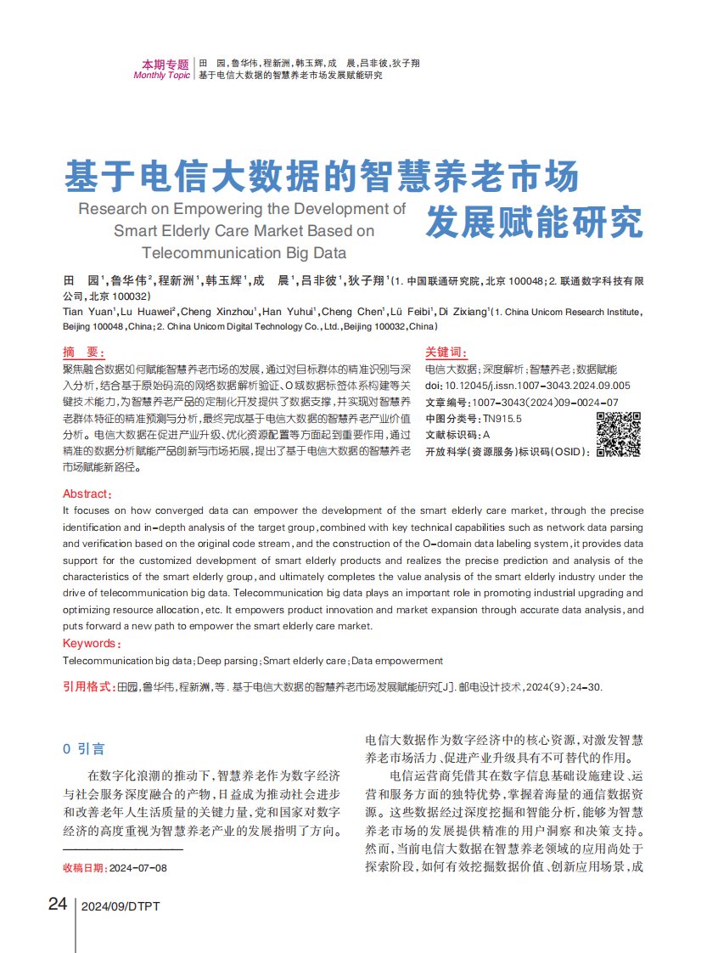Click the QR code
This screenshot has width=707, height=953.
click(619, 433)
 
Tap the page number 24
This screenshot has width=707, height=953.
click(57, 904)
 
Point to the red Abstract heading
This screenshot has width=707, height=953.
click(87, 493)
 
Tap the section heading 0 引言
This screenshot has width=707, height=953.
click(84, 748)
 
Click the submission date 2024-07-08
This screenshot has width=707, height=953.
click(138, 868)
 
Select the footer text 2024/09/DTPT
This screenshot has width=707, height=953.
click(121, 906)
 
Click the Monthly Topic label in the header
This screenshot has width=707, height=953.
click(162, 76)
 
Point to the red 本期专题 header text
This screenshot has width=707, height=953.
click(166, 64)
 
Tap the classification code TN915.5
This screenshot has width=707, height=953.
click(502, 418)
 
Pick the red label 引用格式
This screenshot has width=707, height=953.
click(89, 685)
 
